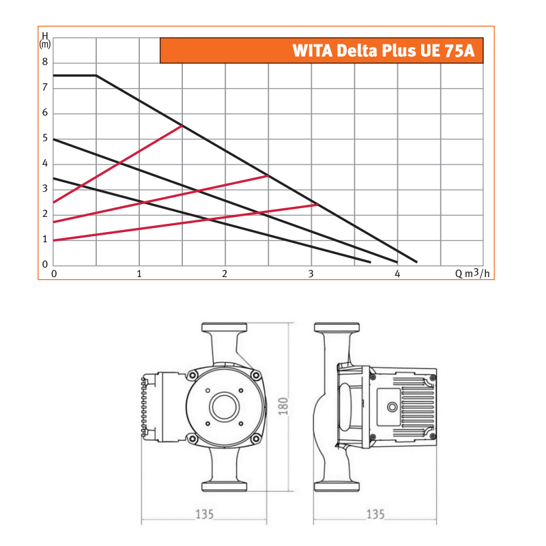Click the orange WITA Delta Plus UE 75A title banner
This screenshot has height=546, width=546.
321,51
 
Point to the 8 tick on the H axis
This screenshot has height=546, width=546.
45,62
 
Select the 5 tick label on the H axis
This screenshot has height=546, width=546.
45,139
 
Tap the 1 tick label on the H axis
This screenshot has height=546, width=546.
45,240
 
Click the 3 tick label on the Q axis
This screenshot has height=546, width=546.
311,274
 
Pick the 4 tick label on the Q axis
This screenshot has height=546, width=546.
397,274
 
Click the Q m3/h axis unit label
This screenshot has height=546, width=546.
472,274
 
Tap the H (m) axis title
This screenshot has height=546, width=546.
45,40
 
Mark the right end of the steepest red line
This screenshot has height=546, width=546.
182,126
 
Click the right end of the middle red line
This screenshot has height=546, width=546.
268,176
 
